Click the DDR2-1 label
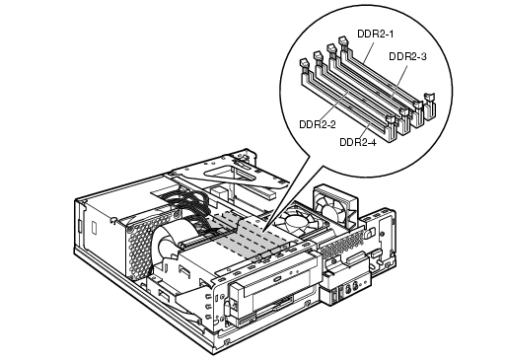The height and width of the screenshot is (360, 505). pyautogui.click(x=375, y=34)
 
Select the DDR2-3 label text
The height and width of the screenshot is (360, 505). pyautogui.click(x=407, y=56)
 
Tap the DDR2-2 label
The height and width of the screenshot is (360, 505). pyautogui.click(x=318, y=124)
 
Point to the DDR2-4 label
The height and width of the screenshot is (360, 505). pyautogui.click(x=358, y=142)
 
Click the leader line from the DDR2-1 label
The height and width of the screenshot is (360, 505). pyautogui.click(x=368, y=51)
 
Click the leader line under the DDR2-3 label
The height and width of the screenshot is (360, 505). pyautogui.click(x=398, y=80)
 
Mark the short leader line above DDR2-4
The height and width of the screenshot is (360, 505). pyautogui.click(x=365, y=131)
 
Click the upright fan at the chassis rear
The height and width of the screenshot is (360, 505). pyautogui.click(x=334, y=206)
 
